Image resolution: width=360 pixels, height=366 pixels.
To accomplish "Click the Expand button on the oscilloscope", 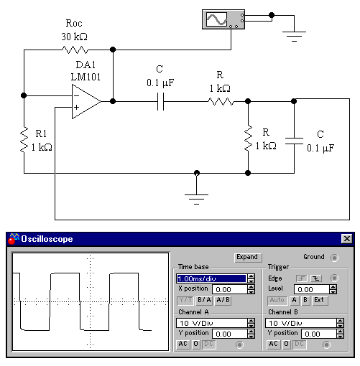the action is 248,258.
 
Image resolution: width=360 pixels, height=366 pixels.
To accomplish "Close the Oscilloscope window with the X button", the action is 347,238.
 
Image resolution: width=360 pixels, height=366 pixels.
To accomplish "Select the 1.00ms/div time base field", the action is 211,278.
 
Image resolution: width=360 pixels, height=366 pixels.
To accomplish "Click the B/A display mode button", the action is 204,300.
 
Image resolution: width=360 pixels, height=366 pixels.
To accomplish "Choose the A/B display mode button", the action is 223,300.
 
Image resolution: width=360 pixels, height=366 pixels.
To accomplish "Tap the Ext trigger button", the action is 320,300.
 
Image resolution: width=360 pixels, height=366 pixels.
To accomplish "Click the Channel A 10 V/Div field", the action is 212,323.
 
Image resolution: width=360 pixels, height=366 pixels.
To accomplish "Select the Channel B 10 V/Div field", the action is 301,323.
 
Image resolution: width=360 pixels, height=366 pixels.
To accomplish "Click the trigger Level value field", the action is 312,289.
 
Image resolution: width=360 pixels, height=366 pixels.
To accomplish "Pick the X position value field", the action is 230,289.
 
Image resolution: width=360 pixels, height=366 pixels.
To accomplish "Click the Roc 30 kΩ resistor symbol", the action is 75,50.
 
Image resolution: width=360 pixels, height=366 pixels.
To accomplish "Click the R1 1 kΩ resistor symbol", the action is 24,140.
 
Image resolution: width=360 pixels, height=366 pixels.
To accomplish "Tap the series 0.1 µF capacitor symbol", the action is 160,101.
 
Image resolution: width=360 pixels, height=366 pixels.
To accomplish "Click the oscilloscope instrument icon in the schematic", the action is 223,19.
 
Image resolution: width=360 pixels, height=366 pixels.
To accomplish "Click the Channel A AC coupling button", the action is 183,344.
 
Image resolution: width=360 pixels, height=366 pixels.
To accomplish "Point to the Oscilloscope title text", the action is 47,239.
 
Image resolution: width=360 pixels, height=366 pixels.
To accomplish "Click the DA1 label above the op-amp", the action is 86,65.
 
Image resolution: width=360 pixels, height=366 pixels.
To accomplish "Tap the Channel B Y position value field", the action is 319,334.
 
